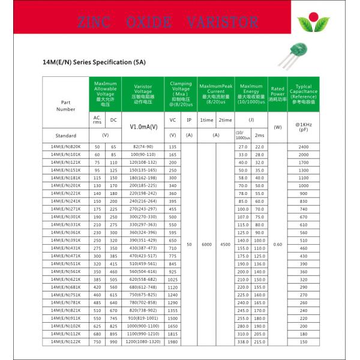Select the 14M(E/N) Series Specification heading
tap(95, 62)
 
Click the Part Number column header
tap(66, 106)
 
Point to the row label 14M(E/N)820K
tap(65, 147)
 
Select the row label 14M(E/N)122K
tap(65, 341)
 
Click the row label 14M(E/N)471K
tap(65, 256)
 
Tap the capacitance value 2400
tap(303, 147)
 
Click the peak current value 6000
tap(206, 244)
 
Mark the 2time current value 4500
tap(225, 244)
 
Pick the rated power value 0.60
tap(277, 244)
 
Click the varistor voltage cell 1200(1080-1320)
tap(143, 341)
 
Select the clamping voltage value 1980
tap(173, 341)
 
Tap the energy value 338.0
tap(243, 341)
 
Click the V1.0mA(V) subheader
tap(143, 127)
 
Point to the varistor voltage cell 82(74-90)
tap(143, 147)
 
